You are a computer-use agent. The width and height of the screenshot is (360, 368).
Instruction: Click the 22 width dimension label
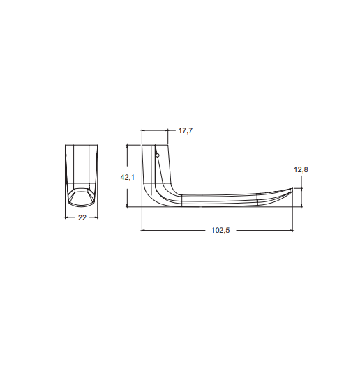[x=82, y=217]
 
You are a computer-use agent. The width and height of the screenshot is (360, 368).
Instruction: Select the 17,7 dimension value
[x=186, y=130]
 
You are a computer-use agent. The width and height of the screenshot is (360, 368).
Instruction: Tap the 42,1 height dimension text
[x=128, y=178]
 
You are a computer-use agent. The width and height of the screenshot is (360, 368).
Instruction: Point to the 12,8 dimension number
[x=301, y=169]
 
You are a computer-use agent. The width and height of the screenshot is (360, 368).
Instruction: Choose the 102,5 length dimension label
[x=220, y=231]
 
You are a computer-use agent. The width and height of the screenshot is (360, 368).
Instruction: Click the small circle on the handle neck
[x=158, y=155]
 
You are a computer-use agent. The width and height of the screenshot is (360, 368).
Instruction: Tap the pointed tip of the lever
[x=292, y=188]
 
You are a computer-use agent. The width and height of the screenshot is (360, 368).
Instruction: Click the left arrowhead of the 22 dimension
[x=66, y=217]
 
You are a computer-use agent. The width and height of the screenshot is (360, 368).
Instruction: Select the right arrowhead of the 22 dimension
[x=96, y=217]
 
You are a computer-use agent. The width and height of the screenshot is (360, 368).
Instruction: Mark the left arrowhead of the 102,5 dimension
[x=144, y=231]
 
